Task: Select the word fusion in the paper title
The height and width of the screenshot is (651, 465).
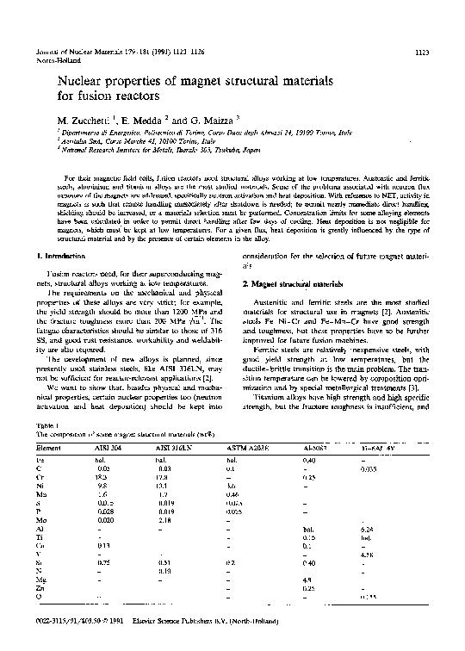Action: (70, 98)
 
